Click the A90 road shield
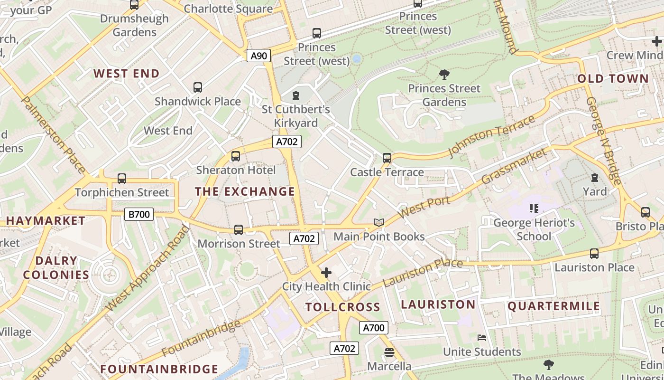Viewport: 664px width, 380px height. [x=258, y=56]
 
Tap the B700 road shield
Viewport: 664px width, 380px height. [x=139, y=214]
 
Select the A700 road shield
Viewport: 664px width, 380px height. [x=373, y=327]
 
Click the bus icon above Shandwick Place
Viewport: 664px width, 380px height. [x=198, y=87]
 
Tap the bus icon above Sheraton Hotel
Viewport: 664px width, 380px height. [x=236, y=156]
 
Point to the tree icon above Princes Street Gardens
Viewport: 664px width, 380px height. [x=444, y=74]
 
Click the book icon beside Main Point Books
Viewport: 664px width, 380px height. [x=378, y=222]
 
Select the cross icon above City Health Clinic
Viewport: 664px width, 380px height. [x=326, y=273]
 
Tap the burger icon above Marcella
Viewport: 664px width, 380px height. [x=389, y=352]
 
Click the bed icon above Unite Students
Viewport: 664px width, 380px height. [x=482, y=338]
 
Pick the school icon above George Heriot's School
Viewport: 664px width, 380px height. [x=534, y=209]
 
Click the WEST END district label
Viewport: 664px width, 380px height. [x=126, y=74]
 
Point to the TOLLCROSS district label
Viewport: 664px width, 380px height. [x=343, y=307]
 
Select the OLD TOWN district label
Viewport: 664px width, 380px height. [x=613, y=79]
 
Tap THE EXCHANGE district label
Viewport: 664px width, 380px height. [x=245, y=191]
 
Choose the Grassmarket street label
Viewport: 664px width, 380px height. [x=514, y=166]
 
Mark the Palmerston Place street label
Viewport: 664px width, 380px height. [x=54, y=135]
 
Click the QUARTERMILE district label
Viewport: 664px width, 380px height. [x=554, y=306]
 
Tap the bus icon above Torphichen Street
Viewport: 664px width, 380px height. [x=122, y=179]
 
